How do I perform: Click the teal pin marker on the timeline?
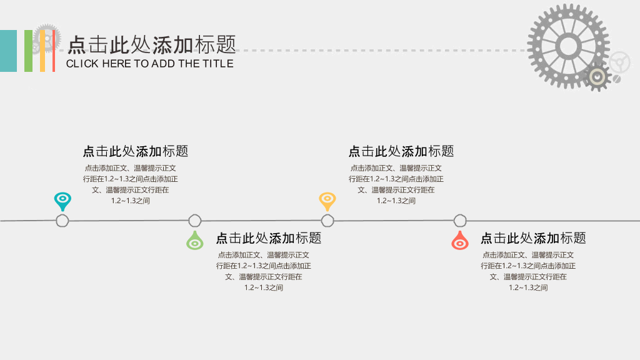62,201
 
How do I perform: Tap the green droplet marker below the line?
195,241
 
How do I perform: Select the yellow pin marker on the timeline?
327,201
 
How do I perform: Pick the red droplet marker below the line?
460,241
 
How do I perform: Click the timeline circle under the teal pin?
62,221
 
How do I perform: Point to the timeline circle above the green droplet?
195,221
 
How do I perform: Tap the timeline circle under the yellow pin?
327,221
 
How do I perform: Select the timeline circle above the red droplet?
460,221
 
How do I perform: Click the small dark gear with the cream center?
597,77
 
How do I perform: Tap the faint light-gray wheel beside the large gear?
619,62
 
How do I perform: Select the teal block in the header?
8,51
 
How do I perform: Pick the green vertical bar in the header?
28,51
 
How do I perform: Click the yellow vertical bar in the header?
42,51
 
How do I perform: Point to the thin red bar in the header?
54,51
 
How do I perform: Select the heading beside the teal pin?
136,151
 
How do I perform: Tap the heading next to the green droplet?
269,238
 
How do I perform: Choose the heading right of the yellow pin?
401,151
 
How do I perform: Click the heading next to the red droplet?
533,238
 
